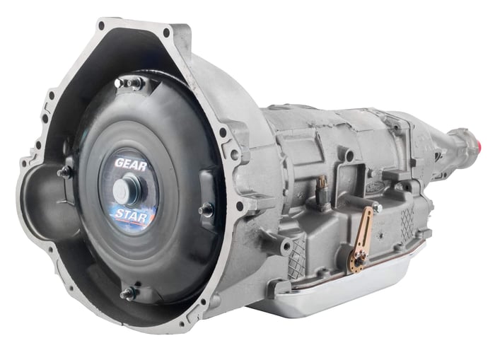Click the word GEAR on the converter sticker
(130, 165)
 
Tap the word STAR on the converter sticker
(131, 215)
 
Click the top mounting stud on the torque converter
(129, 83)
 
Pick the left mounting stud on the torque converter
(65, 173)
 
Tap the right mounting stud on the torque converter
(206, 209)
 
